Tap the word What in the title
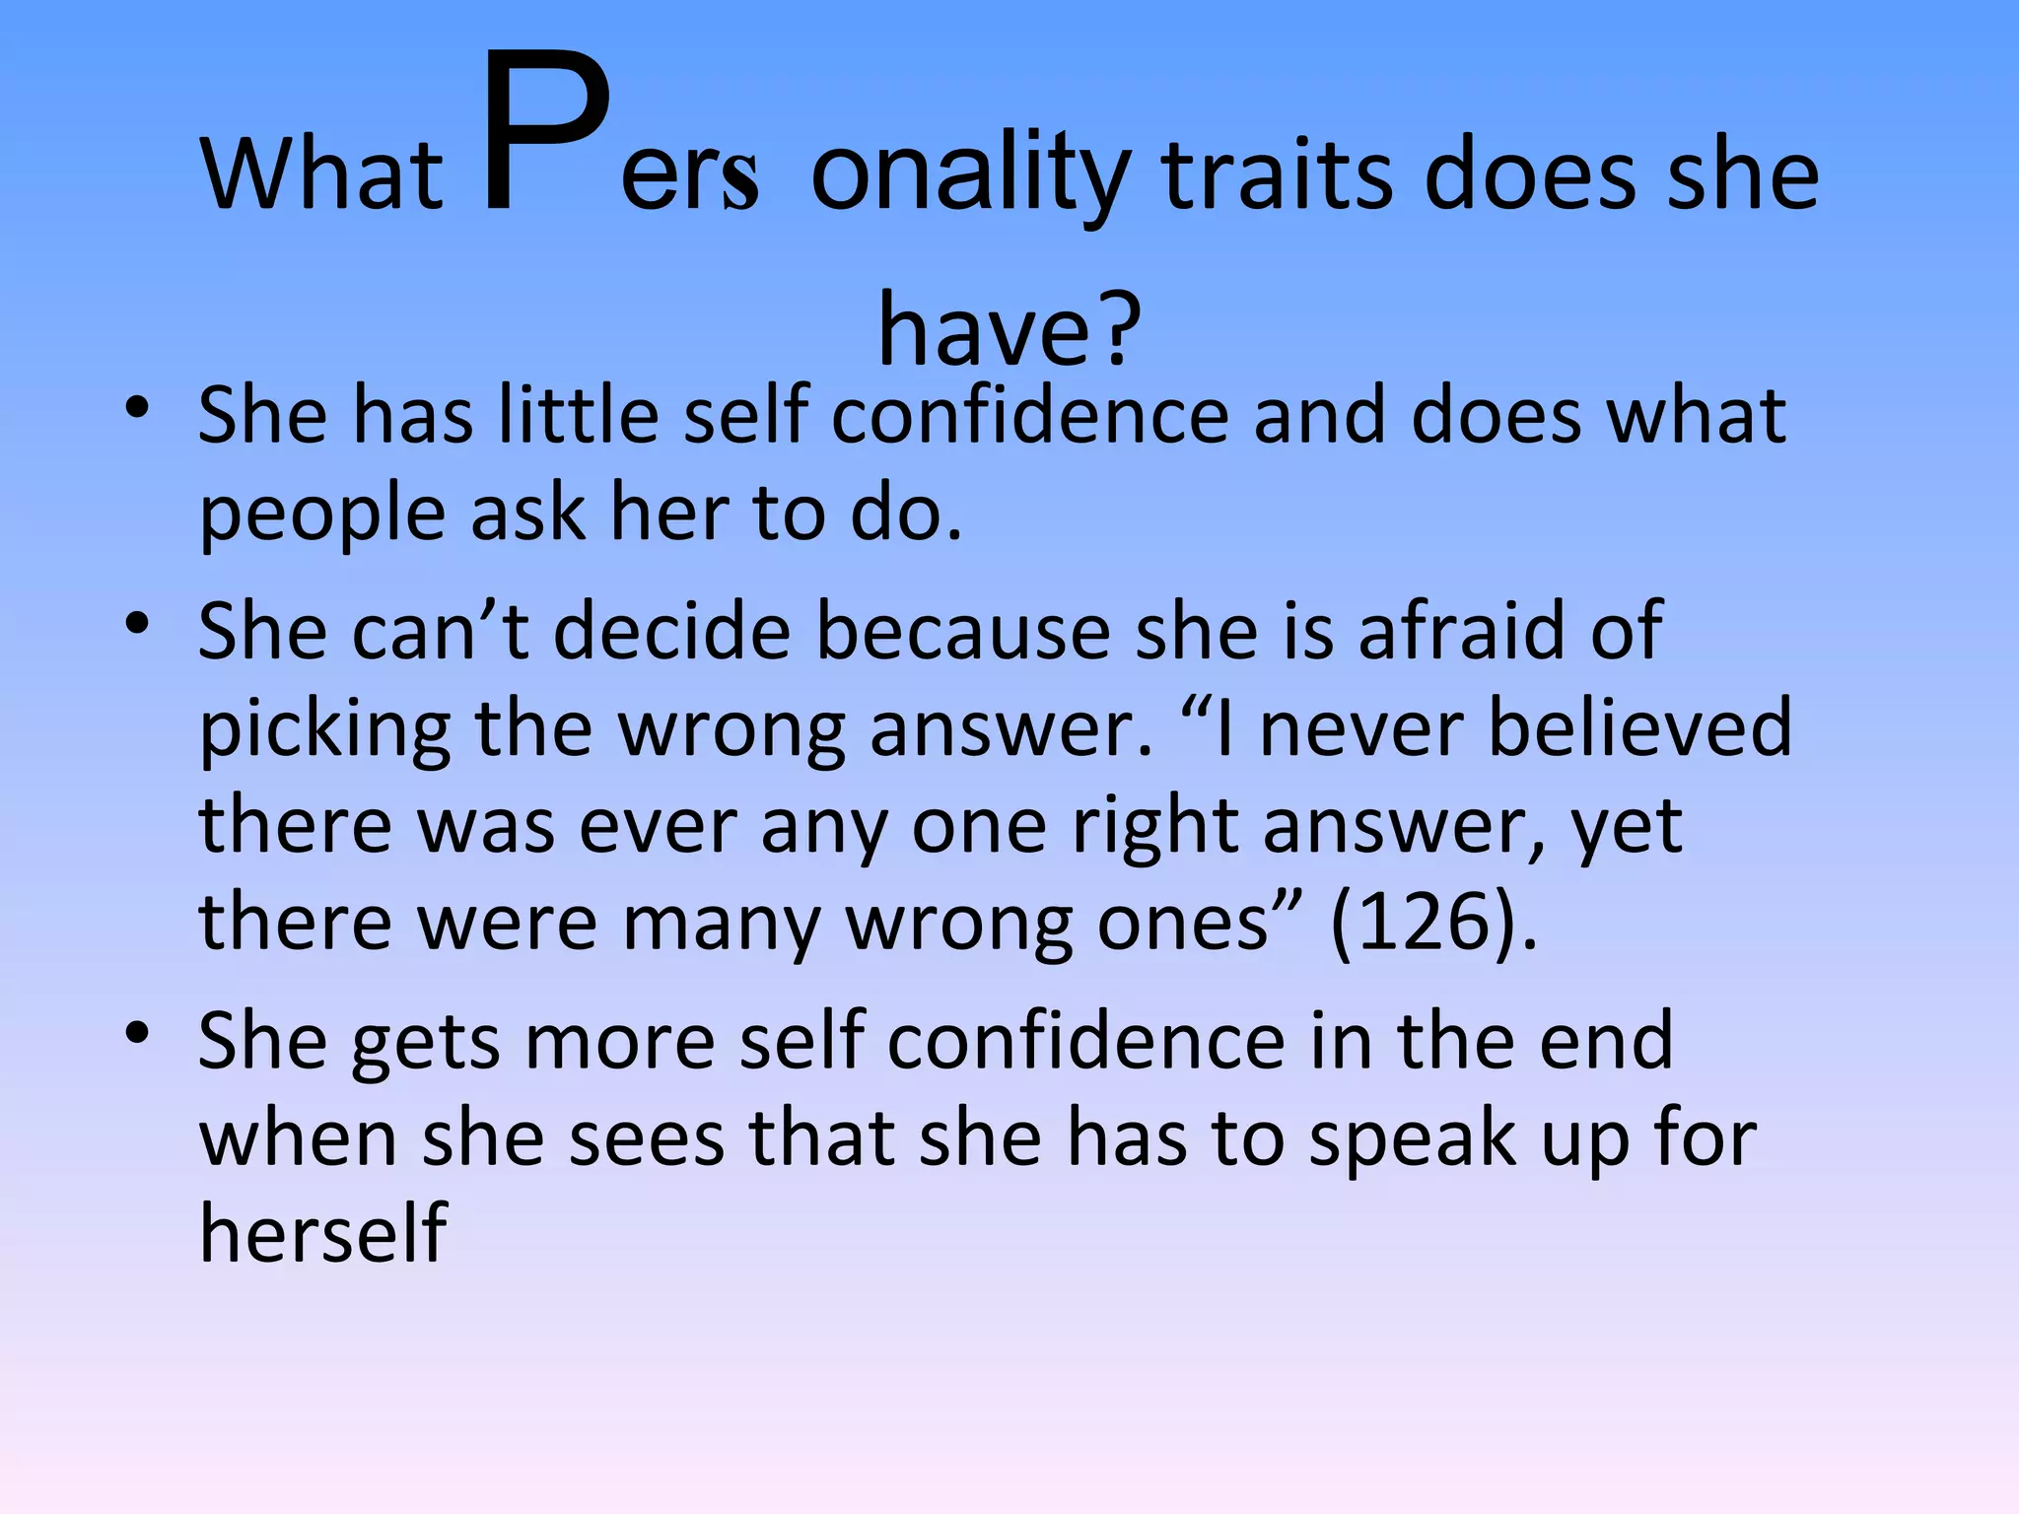coord(322,176)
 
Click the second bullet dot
coord(137,623)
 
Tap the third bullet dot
coord(137,1033)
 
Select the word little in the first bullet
coord(578,414)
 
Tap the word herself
coord(322,1233)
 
